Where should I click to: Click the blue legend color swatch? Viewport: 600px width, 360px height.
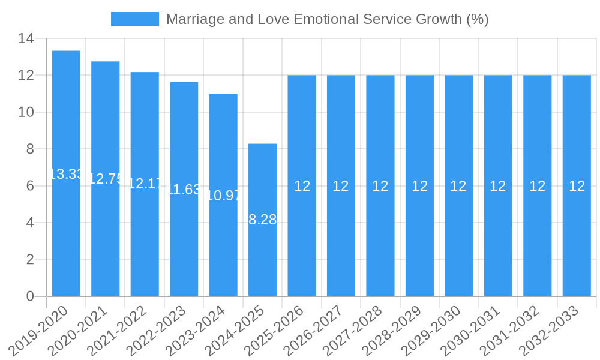pyautogui.click(x=135, y=19)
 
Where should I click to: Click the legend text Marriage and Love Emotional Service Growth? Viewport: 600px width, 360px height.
pyautogui.click(x=327, y=19)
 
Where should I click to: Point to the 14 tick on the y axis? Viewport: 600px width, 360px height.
pyautogui.click(x=26, y=39)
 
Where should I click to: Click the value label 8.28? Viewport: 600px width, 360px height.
pyautogui.click(x=263, y=220)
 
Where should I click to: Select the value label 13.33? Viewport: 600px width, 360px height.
pyautogui.click(x=66, y=174)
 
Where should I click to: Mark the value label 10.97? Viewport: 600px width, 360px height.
pyautogui.click(x=223, y=195)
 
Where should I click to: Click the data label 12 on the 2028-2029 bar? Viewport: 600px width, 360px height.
pyautogui.click(x=419, y=186)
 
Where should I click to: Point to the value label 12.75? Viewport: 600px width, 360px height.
pyautogui.click(x=106, y=179)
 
